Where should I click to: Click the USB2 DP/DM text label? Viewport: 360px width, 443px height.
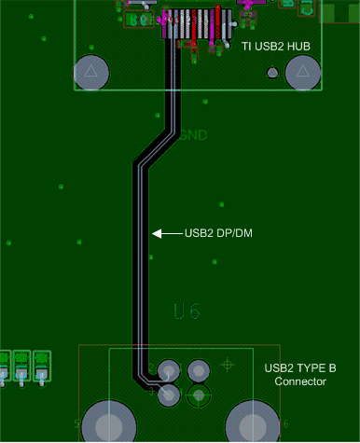pyautogui.click(x=219, y=233)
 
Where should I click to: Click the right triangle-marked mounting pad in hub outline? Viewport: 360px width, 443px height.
pyautogui.click(x=302, y=73)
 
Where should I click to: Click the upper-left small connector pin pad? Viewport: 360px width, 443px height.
pyautogui.click(x=169, y=370)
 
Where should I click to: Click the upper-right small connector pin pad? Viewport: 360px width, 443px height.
pyautogui.click(x=198, y=370)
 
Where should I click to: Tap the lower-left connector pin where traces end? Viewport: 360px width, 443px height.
pyautogui.click(x=169, y=395)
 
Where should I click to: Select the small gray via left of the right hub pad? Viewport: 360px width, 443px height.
pyautogui.click(x=271, y=73)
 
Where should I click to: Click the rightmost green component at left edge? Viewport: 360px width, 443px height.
pyautogui.click(x=41, y=364)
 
